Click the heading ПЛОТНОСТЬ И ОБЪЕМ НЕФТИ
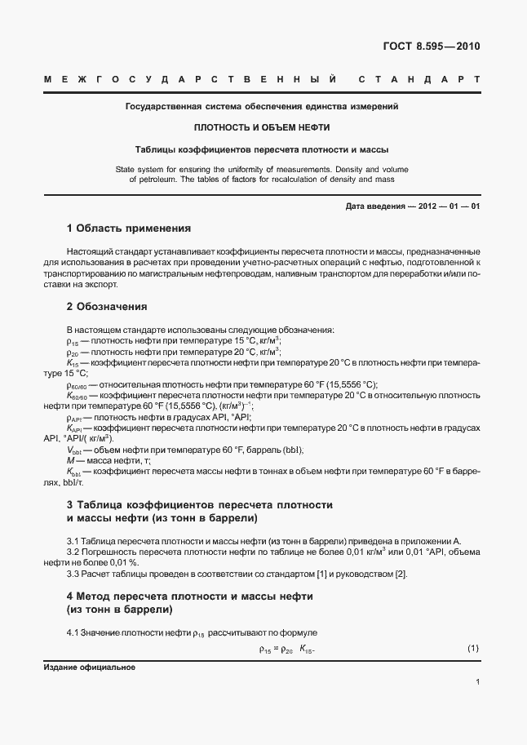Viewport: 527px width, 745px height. pyautogui.click(x=262, y=128)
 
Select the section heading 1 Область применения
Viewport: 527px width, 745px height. pyautogui.click(x=128, y=228)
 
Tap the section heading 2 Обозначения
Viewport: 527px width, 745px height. pyautogui.click(x=106, y=308)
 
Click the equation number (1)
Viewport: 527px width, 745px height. pyautogui.click(x=472, y=649)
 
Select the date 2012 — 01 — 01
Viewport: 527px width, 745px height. pyautogui.click(x=449, y=206)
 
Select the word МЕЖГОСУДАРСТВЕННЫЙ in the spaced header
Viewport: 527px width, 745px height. pyautogui.click(x=190, y=81)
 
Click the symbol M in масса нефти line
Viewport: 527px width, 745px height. pyautogui.click(x=70, y=461)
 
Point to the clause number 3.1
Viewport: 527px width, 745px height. pyautogui.click(x=73, y=541)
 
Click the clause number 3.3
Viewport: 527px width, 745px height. pyautogui.click(x=73, y=574)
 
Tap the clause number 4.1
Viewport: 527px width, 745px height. pyautogui.click(x=73, y=633)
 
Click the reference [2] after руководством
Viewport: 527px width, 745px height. pyautogui.click(x=401, y=574)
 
